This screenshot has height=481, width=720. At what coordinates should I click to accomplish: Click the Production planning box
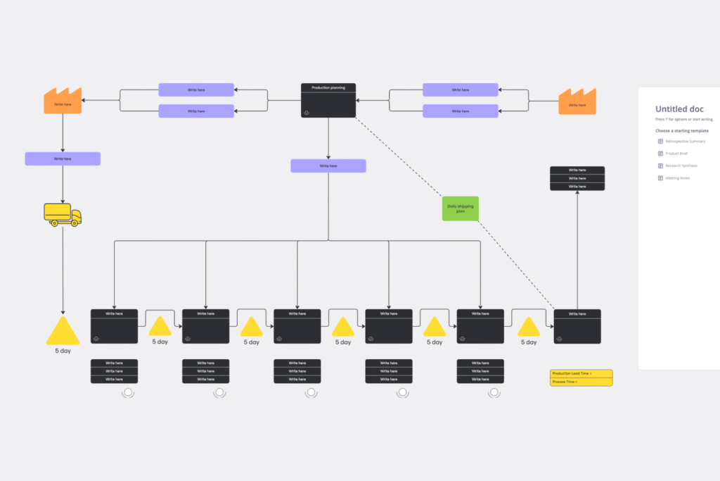[x=328, y=101]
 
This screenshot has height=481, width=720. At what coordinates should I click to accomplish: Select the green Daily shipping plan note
[x=461, y=208]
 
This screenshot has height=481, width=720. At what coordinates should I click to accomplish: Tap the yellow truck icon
[x=63, y=214]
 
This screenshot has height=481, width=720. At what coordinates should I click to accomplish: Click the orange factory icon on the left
[x=63, y=101]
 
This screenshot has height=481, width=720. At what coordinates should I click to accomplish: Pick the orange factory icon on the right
[x=577, y=101]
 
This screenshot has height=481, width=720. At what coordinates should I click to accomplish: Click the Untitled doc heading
[x=679, y=109]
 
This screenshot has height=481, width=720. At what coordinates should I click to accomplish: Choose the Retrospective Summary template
[x=685, y=142]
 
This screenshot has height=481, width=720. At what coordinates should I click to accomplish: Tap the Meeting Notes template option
[x=678, y=178]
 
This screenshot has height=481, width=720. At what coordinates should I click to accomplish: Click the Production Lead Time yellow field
[x=581, y=373]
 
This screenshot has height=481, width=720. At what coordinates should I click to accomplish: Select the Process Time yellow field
[x=581, y=382]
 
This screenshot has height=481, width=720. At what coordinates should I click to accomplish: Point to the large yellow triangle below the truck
[x=63, y=332]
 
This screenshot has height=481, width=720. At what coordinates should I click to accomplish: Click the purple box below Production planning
[x=328, y=165]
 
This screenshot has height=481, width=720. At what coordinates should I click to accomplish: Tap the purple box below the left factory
[x=63, y=158]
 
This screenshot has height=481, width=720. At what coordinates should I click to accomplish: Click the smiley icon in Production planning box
[x=307, y=113]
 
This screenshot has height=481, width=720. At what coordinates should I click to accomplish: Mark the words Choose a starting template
[x=682, y=131]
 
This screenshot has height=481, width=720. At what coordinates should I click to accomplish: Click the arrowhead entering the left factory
[x=84, y=100]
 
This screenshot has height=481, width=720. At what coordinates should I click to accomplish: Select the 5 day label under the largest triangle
[x=63, y=351]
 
